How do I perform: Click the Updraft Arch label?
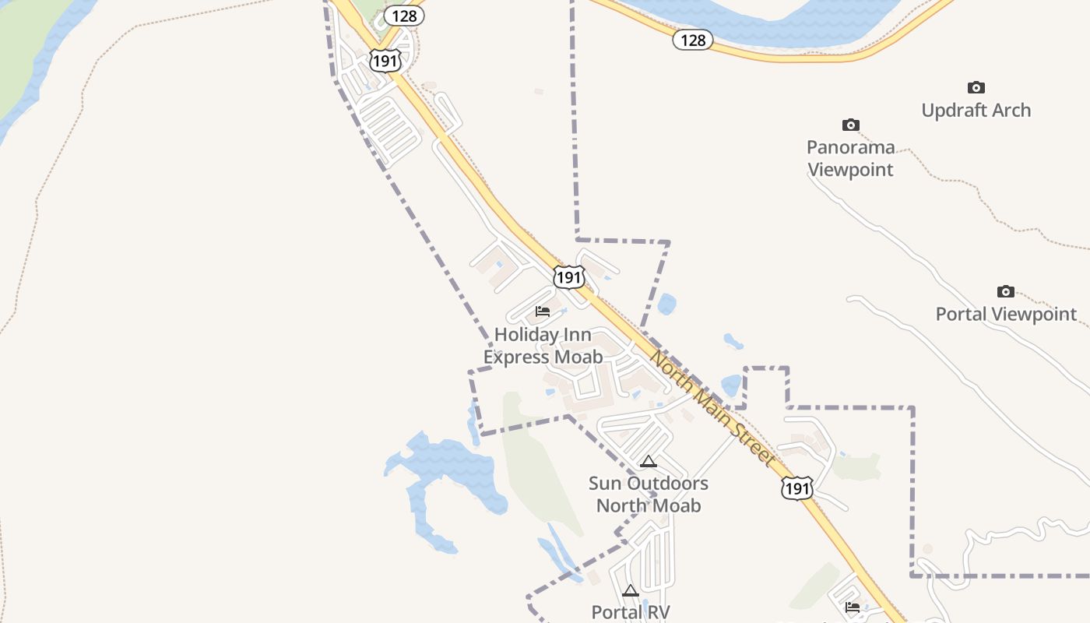[x=976, y=111]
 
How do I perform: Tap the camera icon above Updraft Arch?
[x=976, y=88]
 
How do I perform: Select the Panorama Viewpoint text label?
[x=850, y=158]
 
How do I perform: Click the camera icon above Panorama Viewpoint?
[x=851, y=125]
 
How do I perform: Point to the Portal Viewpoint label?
[x=1006, y=315]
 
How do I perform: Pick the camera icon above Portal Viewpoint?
[x=1006, y=292]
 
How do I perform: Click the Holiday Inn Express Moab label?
[x=543, y=346]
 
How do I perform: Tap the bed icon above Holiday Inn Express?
[x=543, y=312]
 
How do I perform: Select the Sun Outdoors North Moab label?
[x=649, y=495]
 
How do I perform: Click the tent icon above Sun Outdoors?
[x=649, y=462]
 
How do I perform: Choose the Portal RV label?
[x=631, y=612]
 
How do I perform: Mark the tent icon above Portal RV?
[x=631, y=591]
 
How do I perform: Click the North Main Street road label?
[x=712, y=409]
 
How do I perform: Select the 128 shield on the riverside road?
[x=693, y=40]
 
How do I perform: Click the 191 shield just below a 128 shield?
[x=385, y=60]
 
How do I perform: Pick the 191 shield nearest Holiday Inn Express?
[x=569, y=277]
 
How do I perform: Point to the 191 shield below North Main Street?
[x=796, y=488]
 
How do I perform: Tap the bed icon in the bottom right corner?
[x=853, y=607]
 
